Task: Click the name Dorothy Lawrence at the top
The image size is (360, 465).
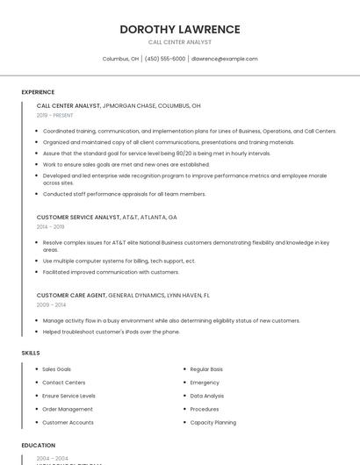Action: click(180, 29)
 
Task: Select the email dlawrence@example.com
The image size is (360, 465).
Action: click(225, 59)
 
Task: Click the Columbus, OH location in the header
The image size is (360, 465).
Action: click(120, 59)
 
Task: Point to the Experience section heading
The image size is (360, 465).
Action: click(38, 91)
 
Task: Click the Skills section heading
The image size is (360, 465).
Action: click(31, 353)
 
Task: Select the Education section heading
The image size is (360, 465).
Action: click(39, 446)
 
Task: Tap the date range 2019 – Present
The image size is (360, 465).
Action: click(54, 115)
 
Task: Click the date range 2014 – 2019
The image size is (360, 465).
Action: click(50, 226)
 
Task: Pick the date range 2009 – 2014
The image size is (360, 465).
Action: click(51, 304)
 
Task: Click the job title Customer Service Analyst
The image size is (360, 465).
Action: click(78, 217)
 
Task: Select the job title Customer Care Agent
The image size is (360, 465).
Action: click(71, 295)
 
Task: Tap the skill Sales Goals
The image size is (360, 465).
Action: click(57, 369)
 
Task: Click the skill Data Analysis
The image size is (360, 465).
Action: click(207, 396)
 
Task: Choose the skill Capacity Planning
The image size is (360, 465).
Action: click(213, 422)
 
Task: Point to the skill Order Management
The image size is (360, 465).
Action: click(68, 409)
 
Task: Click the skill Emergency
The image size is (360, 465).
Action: click(205, 383)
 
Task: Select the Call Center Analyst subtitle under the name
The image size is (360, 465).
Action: click(180, 42)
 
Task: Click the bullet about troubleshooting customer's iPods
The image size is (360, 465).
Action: click(112, 332)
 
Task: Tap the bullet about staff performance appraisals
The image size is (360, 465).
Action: click(125, 194)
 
